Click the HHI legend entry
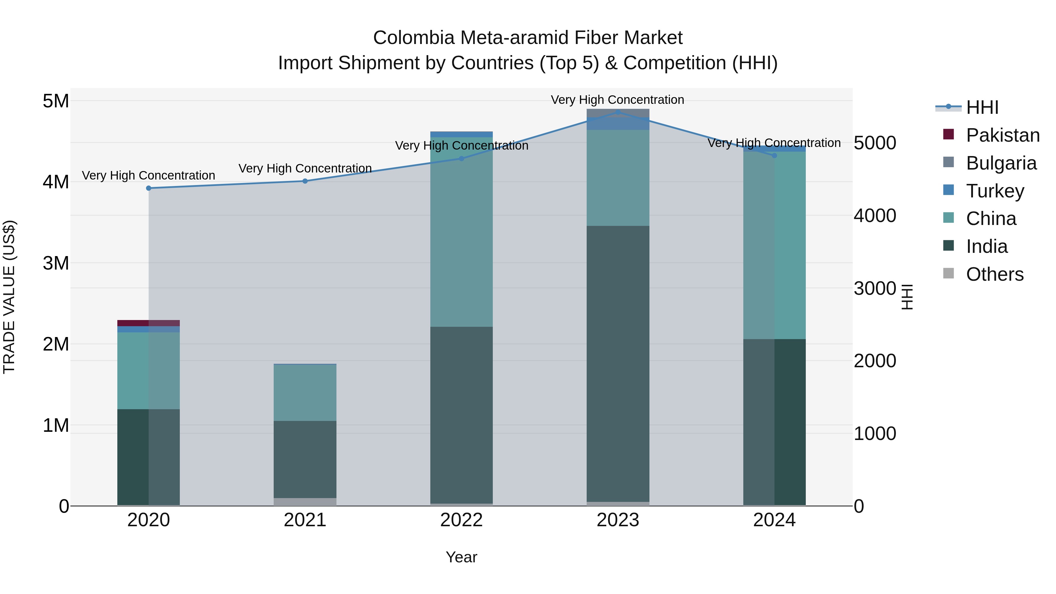click(x=982, y=107)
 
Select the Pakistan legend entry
click(x=1002, y=135)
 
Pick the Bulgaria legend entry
click(x=1001, y=163)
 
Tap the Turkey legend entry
click(x=994, y=191)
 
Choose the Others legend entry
click(x=994, y=274)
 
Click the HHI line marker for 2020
click(x=149, y=188)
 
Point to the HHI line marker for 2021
click(x=305, y=181)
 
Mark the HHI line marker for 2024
click(x=774, y=155)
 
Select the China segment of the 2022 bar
click(x=461, y=232)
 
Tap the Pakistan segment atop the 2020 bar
click(x=148, y=323)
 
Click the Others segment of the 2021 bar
click(x=305, y=502)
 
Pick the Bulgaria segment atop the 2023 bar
click(x=618, y=113)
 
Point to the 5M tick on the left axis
click(x=56, y=101)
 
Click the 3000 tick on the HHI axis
click(x=875, y=289)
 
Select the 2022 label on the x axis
click(x=461, y=520)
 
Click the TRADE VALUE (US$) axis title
click(x=9, y=297)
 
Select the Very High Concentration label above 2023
click(x=617, y=100)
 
